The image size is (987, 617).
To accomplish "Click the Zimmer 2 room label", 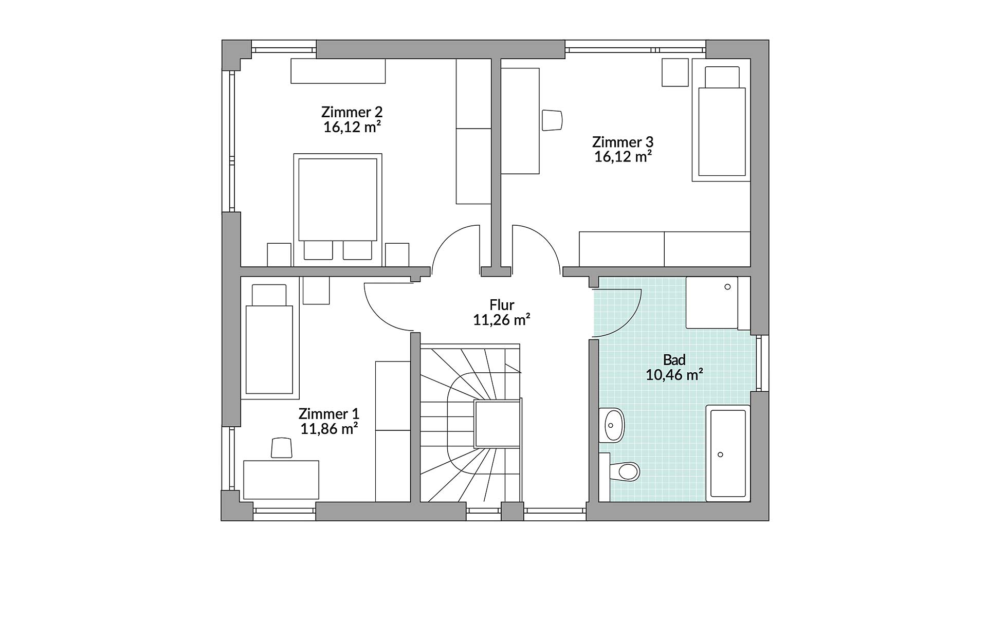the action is (x=352, y=112).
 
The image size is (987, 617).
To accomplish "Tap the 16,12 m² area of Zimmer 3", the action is (x=623, y=157).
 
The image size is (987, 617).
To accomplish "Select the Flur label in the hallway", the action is (x=502, y=305).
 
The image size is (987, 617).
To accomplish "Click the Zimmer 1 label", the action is (x=329, y=414).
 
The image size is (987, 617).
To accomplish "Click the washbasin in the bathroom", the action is (x=612, y=425).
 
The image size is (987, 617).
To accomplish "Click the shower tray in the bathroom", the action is (x=712, y=303).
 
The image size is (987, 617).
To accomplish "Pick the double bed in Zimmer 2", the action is (x=338, y=209).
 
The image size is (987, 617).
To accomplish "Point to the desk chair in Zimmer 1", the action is (x=281, y=447).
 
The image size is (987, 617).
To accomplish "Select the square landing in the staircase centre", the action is (x=498, y=424).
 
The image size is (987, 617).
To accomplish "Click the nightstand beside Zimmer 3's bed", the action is (x=675, y=72).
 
